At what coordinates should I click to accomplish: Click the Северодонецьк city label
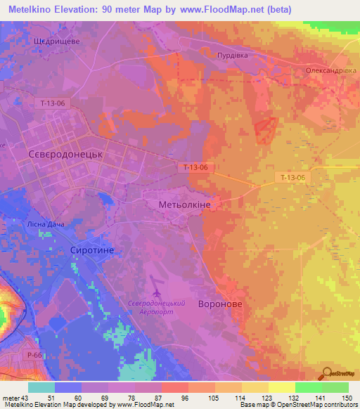(x=65, y=153)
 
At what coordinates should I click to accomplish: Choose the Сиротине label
(x=91, y=250)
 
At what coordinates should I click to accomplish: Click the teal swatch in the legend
(x=41, y=387)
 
